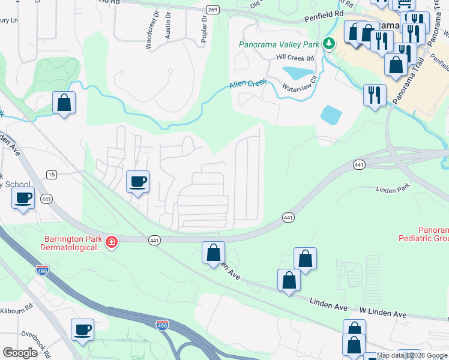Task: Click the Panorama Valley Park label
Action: click(x=279, y=44)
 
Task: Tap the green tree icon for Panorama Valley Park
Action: click(x=328, y=43)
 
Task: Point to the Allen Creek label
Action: click(x=247, y=85)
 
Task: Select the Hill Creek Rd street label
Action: click(x=295, y=58)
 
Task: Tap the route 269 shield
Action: click(x=212, y=10)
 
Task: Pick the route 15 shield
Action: click(x=52, y=175)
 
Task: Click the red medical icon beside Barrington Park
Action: click(x=111, y=242)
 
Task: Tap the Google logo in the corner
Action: click(x=20, y=352)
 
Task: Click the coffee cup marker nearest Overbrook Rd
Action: click(x=83, y=329)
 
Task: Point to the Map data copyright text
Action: click(x=412, y=355)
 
